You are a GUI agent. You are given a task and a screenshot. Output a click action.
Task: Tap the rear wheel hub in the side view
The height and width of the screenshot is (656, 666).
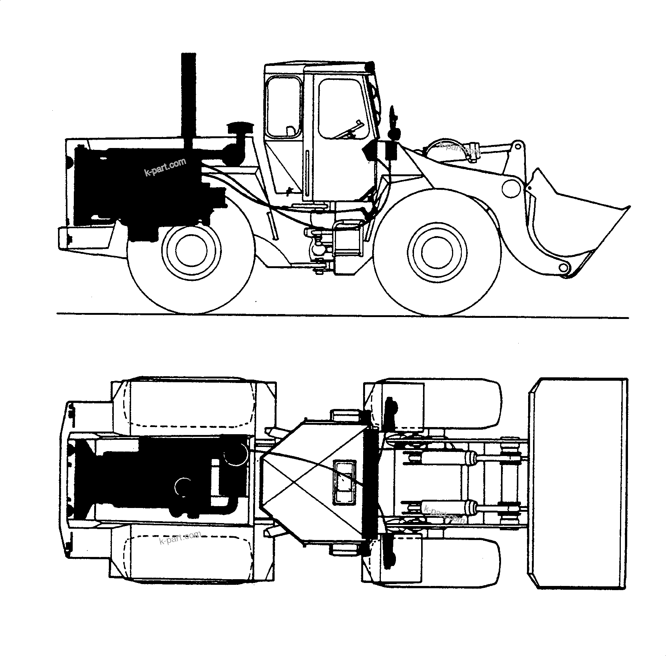(x=191, y=250)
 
